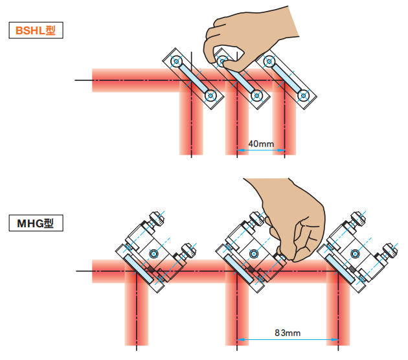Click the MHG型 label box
[x=36, y=224]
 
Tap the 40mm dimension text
[x=261, y=143]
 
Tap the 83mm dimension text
[x=288, y=332]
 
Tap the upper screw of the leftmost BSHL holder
[x=176, y=62]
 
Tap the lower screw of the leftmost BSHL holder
[x=210, y=96]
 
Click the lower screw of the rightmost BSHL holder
[x=302, y=96]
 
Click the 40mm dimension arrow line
[x=261, y=152]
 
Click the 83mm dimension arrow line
[x=288, y=341]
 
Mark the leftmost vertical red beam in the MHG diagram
[x=137, y=311]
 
